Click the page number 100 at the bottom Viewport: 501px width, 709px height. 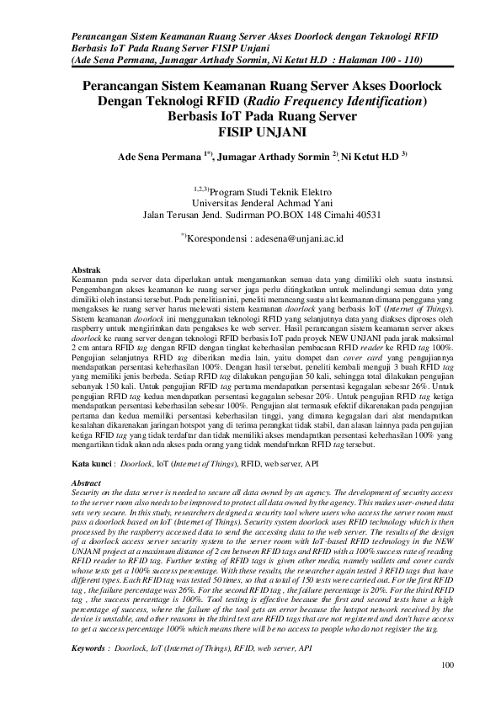click(x=447, y=690)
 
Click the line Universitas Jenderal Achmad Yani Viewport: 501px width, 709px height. click(x=251, y=203)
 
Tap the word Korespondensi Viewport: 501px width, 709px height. click(x=219, y=238)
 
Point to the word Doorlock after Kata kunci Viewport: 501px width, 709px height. click(x=136, y=463)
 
